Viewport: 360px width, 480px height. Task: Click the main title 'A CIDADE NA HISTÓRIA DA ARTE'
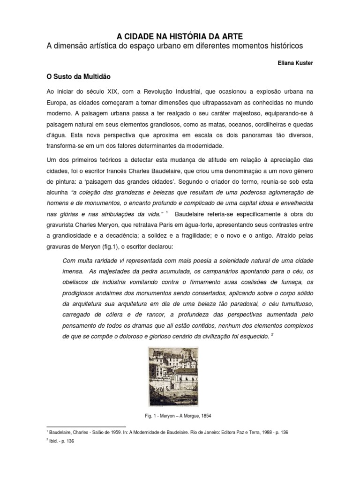click(x=180, y=37)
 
